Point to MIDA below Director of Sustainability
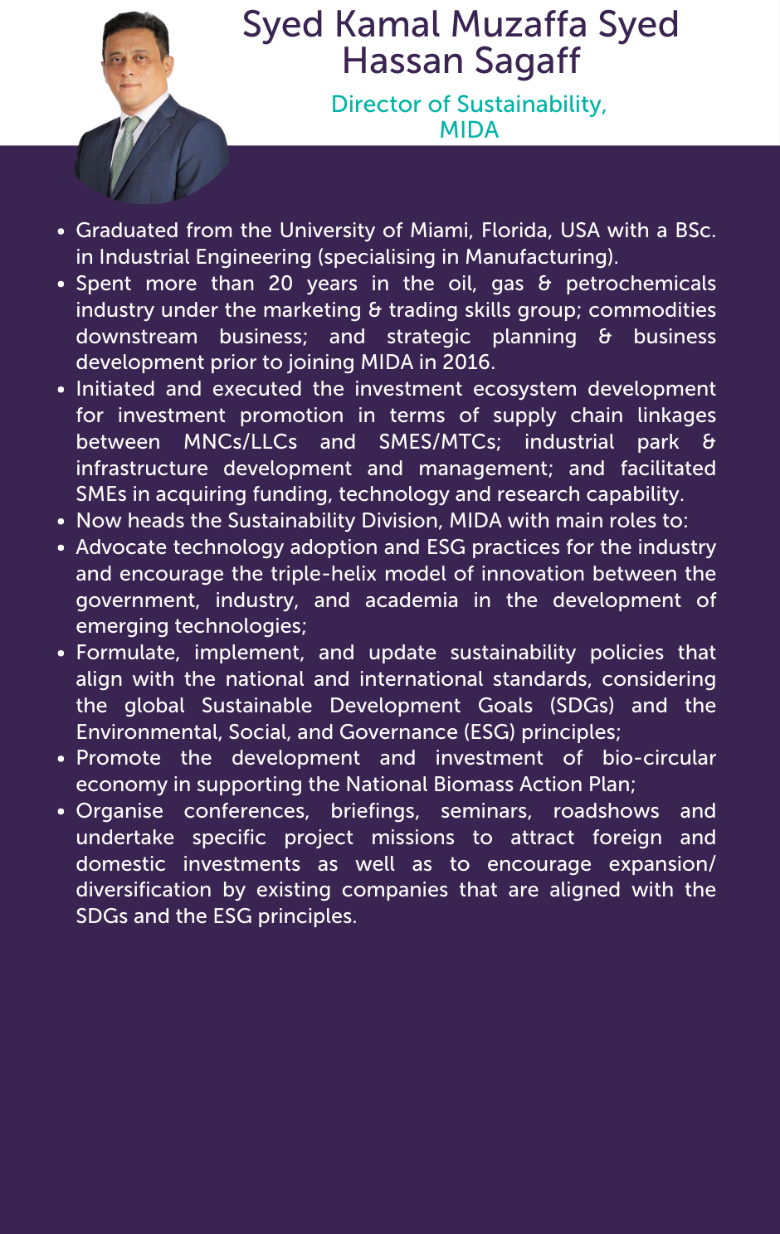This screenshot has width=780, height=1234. point(469,130)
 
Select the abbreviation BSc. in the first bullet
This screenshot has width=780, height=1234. point(695,231)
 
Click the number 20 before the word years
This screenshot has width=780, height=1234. point(280,284)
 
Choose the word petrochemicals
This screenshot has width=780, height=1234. point(641,284)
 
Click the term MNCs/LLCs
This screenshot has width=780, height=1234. point(240,442)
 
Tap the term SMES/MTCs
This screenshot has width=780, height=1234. point(440,442)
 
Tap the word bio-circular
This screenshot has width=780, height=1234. point(659,758)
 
